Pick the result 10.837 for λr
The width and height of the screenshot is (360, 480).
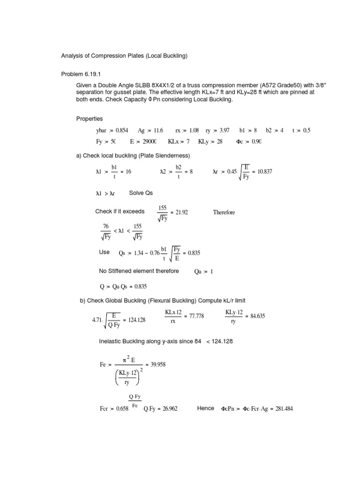pyautogui.click(x=263, y=172)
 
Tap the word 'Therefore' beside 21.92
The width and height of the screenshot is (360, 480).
pyautogui.click(x=224, y=212)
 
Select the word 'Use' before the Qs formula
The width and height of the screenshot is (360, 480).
pyautogui.click(x=104, y=252)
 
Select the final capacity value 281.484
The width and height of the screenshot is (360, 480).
pyautogui.click(x=294, y=409)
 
